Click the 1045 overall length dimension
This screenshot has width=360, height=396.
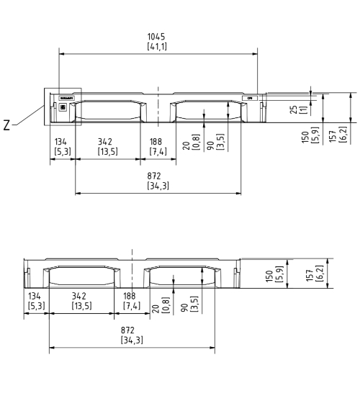158,41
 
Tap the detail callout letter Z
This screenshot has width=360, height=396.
6,124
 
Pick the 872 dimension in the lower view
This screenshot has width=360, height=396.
131,335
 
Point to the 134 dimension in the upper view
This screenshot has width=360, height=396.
61,146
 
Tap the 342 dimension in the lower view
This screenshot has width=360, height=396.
81,301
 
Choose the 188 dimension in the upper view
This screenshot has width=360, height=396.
156,146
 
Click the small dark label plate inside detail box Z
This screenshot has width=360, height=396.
66,97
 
